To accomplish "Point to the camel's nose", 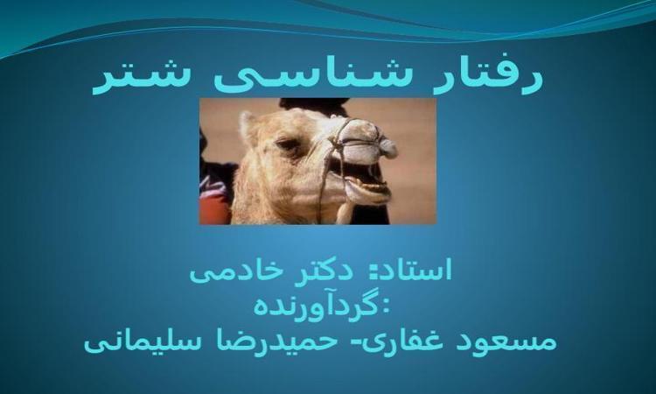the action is (x=387, y=146).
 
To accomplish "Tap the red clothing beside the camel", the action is (x=214, y=209).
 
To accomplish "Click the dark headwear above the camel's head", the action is (x=315, y=106).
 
